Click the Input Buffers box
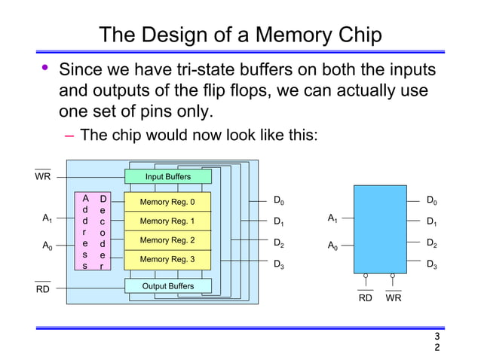point(168,177)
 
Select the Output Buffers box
point(168,286)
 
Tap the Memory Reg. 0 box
point(167,202)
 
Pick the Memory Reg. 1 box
point(167,221)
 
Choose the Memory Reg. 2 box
point(167,240)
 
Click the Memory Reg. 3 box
point(167,259)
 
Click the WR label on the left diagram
point(43,177)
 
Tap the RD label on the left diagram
point(43,289)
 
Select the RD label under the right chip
point(365,297)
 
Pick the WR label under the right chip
point(393,297)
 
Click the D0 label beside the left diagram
point(278,201)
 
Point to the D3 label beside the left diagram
point(278,264)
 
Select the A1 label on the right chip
point(332,219)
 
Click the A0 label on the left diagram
point(47,246)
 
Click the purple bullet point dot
point(44,69)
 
